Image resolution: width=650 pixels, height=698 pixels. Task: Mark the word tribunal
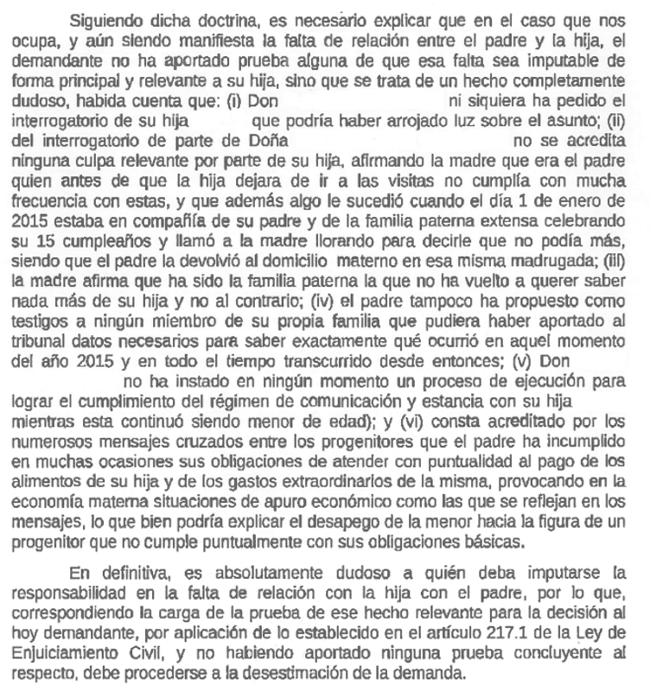[32, 338]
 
